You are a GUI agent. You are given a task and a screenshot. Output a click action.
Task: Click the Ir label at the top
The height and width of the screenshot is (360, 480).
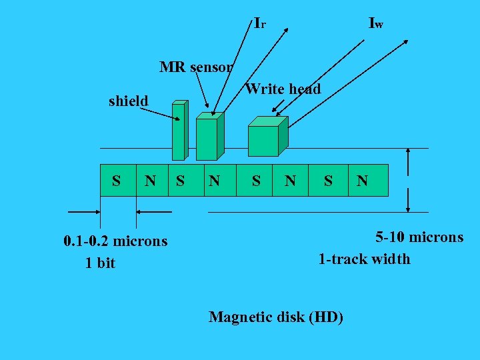[260, 23]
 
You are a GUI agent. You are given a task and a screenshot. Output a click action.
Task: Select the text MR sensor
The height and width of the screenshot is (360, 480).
[196, 67]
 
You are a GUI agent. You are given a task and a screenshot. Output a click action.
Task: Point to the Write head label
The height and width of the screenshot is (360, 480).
[283, 89]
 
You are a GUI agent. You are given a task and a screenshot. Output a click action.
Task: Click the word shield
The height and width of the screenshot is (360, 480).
[128, 101]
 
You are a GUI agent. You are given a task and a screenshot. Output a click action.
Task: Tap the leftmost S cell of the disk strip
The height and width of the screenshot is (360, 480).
[117, 180]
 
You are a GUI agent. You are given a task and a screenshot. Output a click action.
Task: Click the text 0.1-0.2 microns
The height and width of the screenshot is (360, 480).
[115, 241]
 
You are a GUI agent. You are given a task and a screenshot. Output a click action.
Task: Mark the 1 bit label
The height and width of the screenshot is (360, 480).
[100, 263]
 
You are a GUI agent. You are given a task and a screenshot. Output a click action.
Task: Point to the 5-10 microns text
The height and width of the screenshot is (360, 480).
[419, 237]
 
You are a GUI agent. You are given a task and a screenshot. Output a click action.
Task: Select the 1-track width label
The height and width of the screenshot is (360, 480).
[364, 259]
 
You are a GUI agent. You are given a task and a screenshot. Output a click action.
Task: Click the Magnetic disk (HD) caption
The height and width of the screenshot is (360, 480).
[276, 317]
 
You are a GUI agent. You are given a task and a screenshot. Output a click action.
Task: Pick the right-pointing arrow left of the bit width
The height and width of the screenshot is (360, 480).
[85, 212]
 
